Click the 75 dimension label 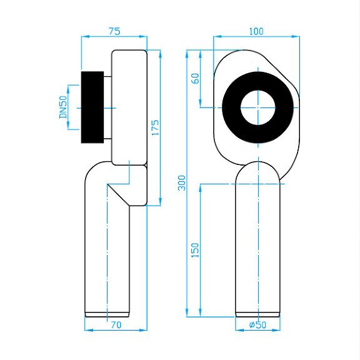point(114,31)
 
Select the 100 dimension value point(256,31)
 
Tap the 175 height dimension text point(155,127)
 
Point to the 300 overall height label point(182,182)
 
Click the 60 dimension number point(196,79)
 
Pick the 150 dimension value point(195,250)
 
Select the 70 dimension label point(116,325)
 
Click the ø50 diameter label point(257,324)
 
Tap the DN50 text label point(63,107)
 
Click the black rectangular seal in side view point(92,107)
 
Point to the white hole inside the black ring point(258,107)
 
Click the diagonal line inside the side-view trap point(119,195)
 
